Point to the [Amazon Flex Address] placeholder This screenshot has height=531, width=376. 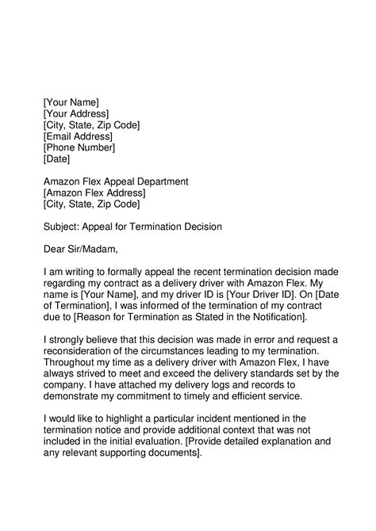click(x=94, y=193)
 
